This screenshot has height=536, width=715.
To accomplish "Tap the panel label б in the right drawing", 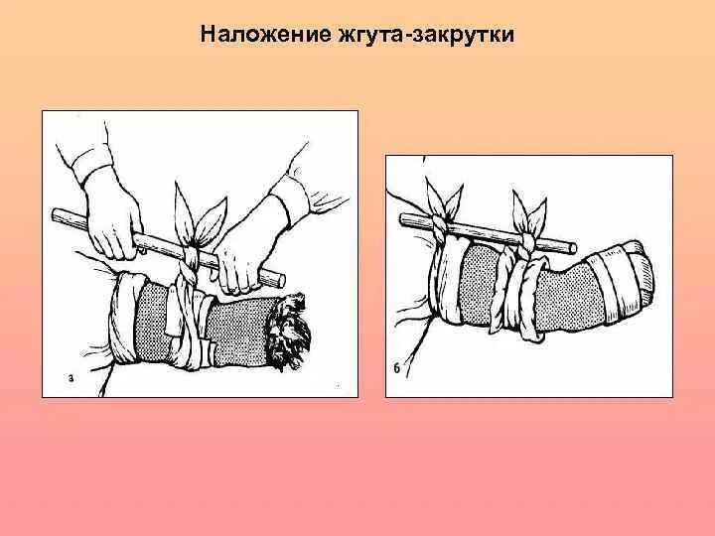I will pyautogui.click(x=397, y=370).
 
